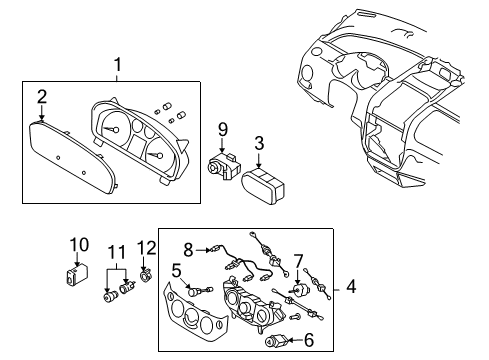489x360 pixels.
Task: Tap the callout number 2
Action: tap(42, 96)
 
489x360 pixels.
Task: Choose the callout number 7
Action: tap(298, 260)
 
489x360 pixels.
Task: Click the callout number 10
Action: tap(79, 244)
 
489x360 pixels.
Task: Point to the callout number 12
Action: tap(146, 246)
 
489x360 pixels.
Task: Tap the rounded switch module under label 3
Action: tap(264, 187)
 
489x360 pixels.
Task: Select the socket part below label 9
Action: tap(224, 166)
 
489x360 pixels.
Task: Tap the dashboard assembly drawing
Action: tap(390, 100)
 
